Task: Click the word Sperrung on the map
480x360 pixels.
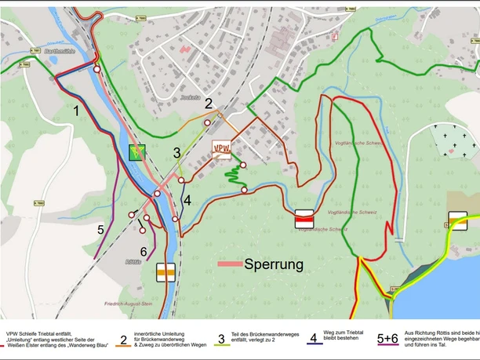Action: (x=274, y=264)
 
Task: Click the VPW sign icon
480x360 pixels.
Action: (x=222, y=148)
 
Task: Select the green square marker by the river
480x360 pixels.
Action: (x=137, y=152)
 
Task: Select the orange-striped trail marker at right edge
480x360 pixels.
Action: (x=458, y=220)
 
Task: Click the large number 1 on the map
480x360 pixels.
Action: (x=76, y=111)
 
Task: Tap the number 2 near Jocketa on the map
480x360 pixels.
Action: (x=209, y=103)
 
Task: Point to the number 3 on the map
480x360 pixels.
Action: (x=177, y=153)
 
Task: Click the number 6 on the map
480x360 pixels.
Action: (x=144, y=251)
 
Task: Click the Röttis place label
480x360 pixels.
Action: (x=132, y=262)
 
